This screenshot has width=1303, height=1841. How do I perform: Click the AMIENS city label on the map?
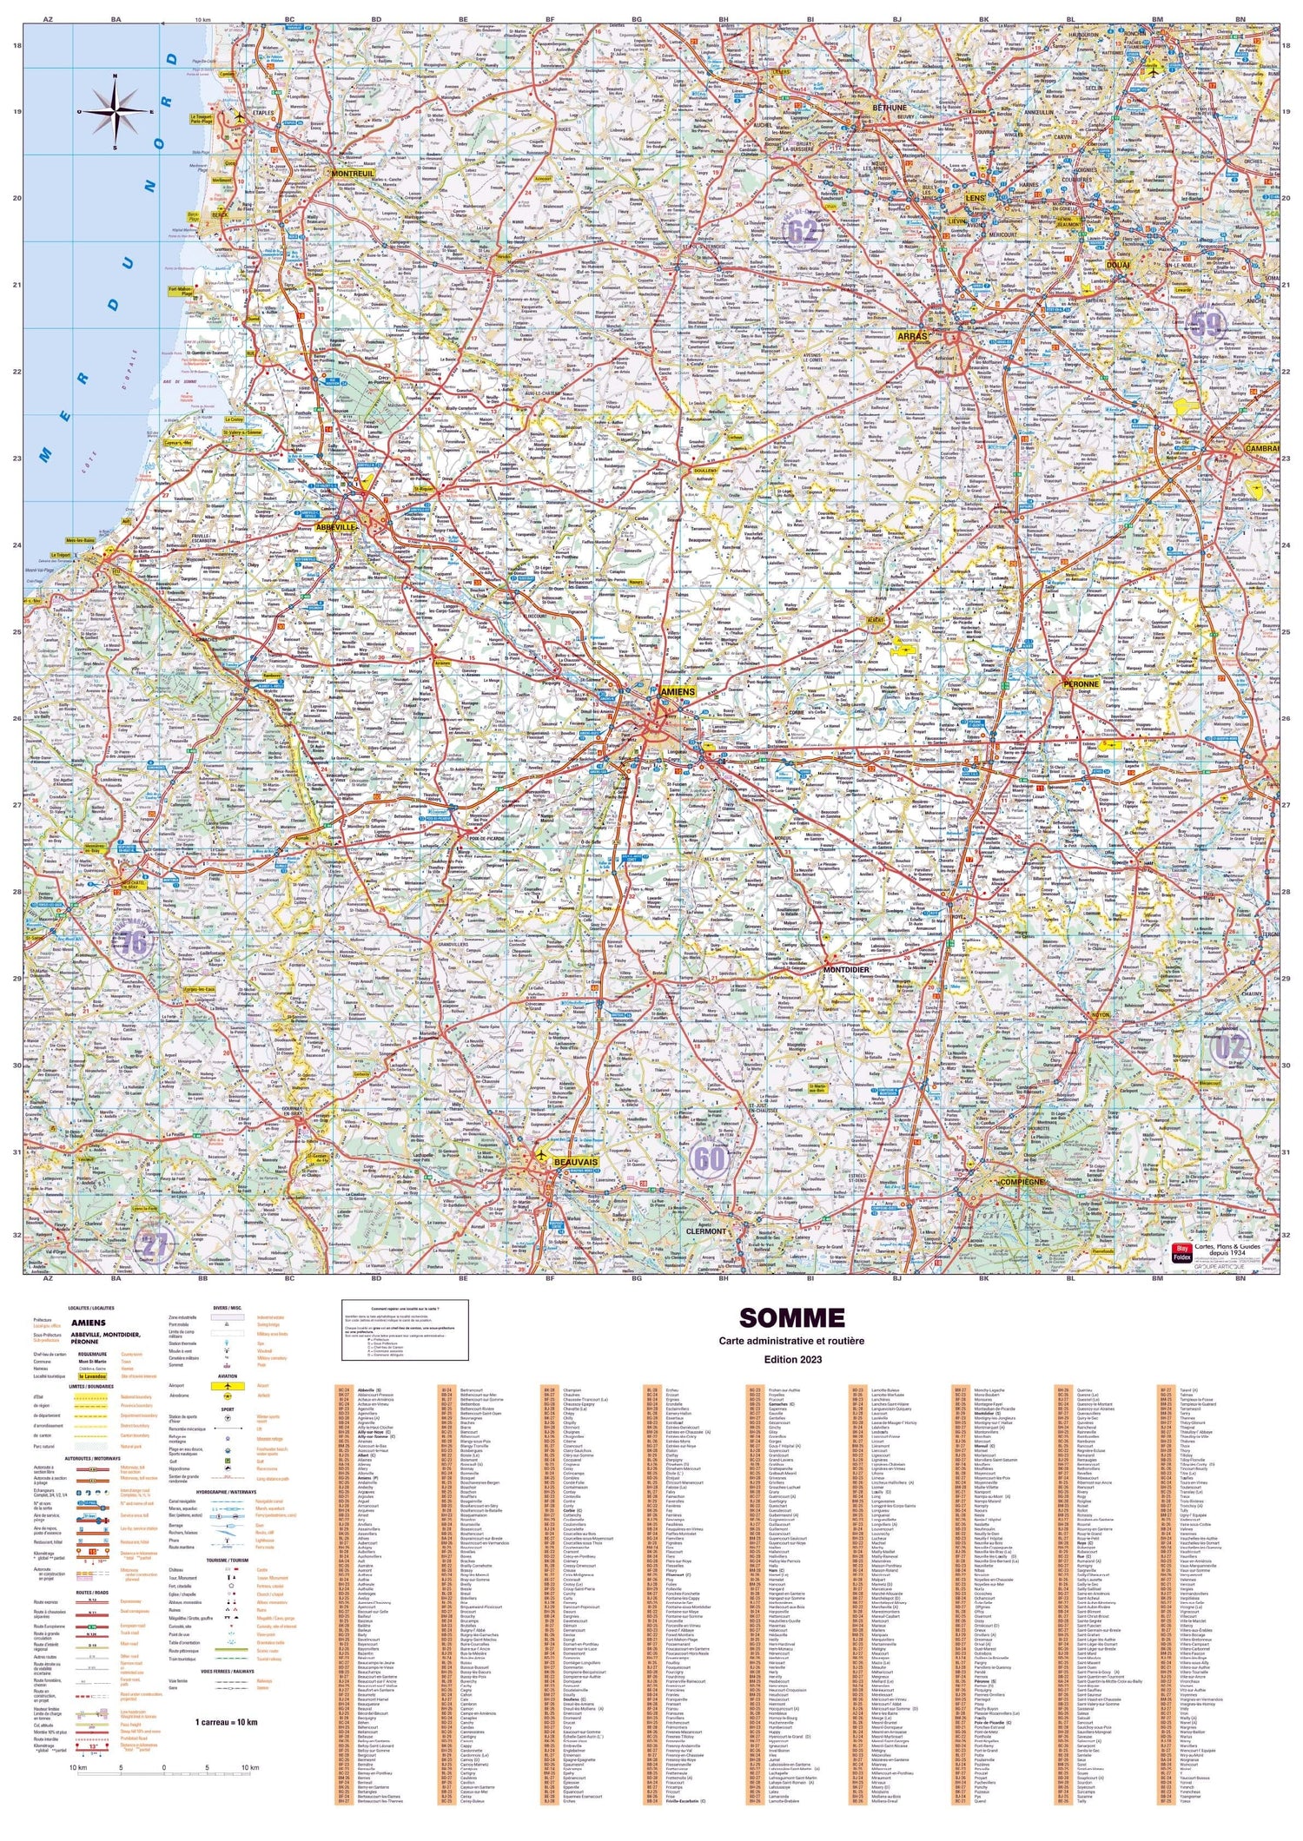pos(678,691)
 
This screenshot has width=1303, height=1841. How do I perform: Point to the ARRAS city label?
pos(912,335)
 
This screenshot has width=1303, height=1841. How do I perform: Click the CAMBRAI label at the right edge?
pos(1261,449)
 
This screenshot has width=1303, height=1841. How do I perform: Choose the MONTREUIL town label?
pos(353,174)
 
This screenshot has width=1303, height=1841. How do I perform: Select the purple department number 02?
pos(1231,1048)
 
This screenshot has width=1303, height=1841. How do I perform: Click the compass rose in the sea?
pos(115,113)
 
